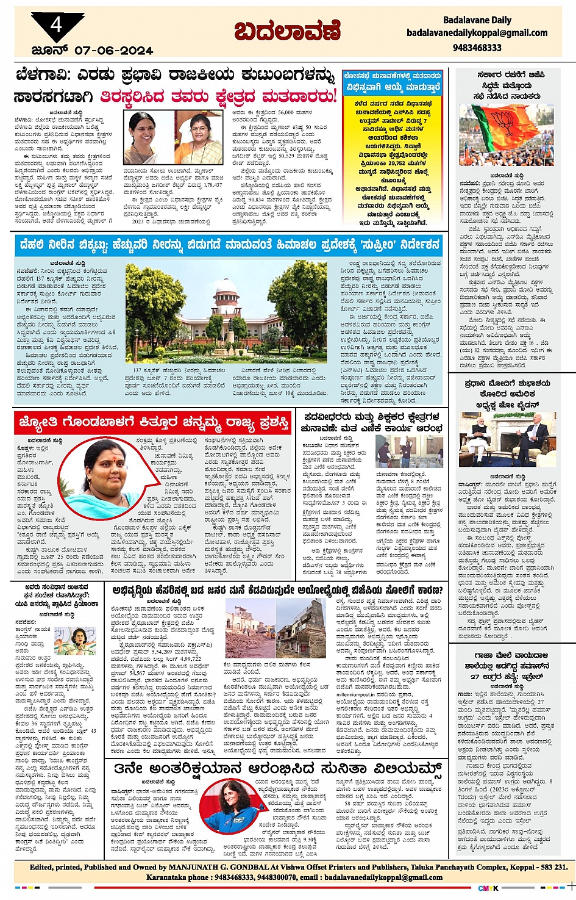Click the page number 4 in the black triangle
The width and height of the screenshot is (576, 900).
tap(56, 25)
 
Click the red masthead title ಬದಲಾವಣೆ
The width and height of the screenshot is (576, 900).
tap(288, 32)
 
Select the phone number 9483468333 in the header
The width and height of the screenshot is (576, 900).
tap(477, 47)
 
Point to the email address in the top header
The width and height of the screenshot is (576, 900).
tap(477, 33)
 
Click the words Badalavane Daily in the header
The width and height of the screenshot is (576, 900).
tap(477, 20)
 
